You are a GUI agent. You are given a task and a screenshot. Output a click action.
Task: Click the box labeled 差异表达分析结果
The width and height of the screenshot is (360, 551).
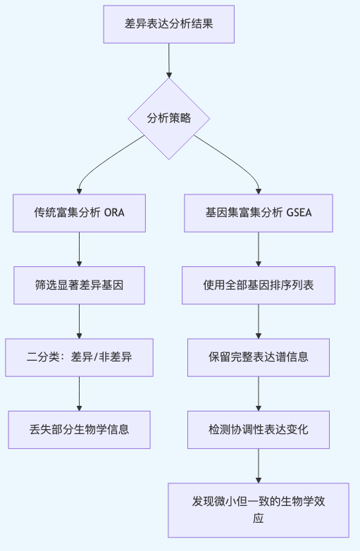pyautogui.click(x=169, y=24)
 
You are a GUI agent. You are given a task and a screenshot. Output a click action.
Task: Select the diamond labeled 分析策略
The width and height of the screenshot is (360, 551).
pyautogui.click(x=169, y=118)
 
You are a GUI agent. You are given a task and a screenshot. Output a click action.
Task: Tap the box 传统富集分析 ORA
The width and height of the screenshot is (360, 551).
pyautogui.click(x=79, y=213)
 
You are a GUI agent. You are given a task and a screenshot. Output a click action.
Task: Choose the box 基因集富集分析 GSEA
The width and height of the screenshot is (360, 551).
pyautogui.click(x=259, y=213)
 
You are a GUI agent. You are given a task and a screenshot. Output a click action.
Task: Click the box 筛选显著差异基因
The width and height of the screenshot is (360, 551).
pyautogui.click(x=79, y=285)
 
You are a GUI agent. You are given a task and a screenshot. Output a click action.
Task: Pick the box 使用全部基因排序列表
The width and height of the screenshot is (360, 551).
pyautogui.click(x=259, y=285)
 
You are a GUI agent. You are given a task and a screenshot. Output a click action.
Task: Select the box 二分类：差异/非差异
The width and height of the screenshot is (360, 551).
pyautogui.click(x=79, y=357)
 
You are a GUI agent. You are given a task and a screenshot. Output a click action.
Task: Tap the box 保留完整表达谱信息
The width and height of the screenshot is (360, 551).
pyautogui.click(x=259, y=357)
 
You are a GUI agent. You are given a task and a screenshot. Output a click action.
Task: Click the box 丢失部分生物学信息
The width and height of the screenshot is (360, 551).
pyautogui.click(x=79, y=429)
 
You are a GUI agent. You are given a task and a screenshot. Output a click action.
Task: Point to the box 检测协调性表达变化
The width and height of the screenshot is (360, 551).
pyautogui.click(x=259, y=429)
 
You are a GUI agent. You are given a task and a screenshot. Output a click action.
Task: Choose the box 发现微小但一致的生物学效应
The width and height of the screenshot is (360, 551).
pyautogui.click(x=259, y=510)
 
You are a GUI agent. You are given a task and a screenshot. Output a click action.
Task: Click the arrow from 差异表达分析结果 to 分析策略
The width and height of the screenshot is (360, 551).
pyautogui.click(x=169, y=60)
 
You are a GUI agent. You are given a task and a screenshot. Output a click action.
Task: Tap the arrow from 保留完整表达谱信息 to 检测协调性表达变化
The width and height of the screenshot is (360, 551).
pyautogui.click(x=259, y=393)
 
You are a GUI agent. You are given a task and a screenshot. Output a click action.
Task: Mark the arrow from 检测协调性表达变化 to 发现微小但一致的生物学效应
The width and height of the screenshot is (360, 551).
pyautogui.click(x=259, y=465)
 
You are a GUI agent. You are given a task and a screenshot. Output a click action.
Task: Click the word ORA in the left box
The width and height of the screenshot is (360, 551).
pyautogui.click(x=114, y=213)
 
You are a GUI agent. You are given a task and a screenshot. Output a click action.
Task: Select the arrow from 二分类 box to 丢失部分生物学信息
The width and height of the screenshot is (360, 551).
pyautogui.click(x=79, y=393)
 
